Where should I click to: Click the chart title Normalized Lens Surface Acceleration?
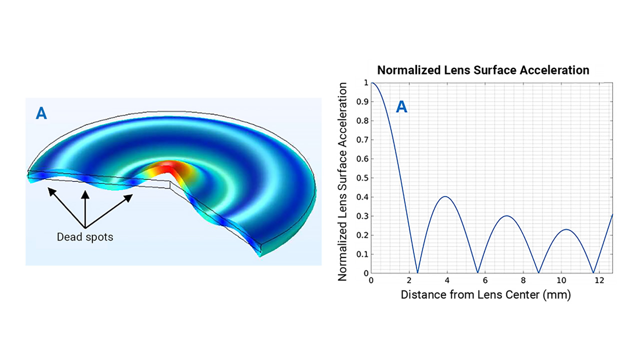483,70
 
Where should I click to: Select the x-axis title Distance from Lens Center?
485,295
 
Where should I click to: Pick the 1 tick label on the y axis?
365,82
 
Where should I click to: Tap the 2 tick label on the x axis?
409,280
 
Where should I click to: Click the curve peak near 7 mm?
506,216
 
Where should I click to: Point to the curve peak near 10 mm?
565,229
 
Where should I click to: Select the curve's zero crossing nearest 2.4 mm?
417,273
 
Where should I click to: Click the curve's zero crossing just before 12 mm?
593,273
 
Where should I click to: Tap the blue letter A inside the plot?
401,106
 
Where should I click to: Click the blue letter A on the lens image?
41,114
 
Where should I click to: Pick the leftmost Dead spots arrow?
64,206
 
